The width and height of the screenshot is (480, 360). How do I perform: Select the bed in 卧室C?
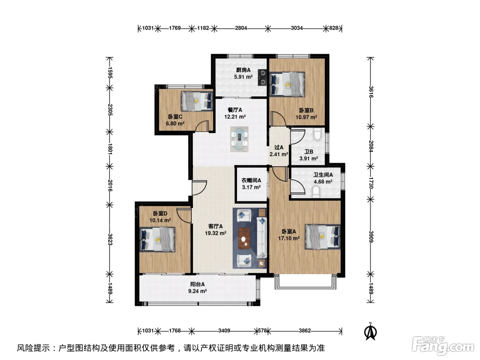[197, 101]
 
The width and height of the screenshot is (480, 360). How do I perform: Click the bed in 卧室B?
[287, 84]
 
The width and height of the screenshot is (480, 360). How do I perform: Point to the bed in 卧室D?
[157, 239]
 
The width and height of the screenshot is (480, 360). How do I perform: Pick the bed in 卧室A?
[323, 237]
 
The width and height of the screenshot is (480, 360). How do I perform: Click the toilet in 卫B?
[317, 134]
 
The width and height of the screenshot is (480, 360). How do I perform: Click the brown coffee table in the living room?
[244, 239]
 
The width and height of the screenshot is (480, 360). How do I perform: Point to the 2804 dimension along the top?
[241, 28]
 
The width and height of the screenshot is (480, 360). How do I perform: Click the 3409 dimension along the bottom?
[224, 331]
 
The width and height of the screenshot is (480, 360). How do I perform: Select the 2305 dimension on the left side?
[110, 110]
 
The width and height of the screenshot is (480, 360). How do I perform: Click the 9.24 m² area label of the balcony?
[197, 291]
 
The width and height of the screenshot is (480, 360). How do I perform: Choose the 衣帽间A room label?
[251, 180]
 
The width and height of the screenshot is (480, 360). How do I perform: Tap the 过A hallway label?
[279, 147]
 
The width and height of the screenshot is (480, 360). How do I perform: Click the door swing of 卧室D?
[184, 216]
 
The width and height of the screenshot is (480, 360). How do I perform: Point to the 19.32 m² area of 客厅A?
[216, 233]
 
